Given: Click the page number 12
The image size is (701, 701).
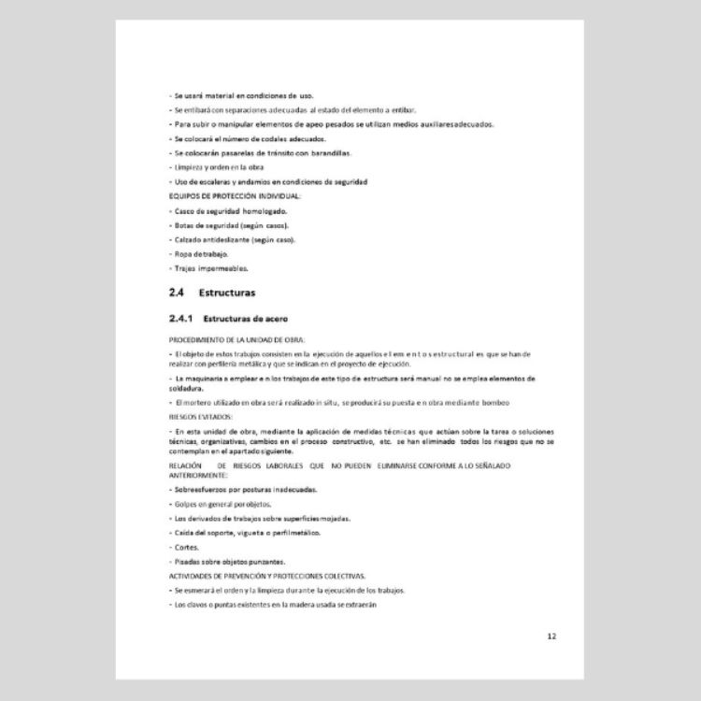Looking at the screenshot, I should (x=551, y=637).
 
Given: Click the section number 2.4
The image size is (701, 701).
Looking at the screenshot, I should (x=177, y=293).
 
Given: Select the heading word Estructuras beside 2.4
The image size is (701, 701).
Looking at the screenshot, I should (x=227, y=293).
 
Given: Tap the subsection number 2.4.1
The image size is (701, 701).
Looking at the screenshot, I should (x=180, y=319).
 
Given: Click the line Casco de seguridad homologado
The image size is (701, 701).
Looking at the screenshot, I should (x=217, y=210).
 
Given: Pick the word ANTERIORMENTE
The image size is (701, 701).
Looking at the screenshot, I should (x=198, y=474).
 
